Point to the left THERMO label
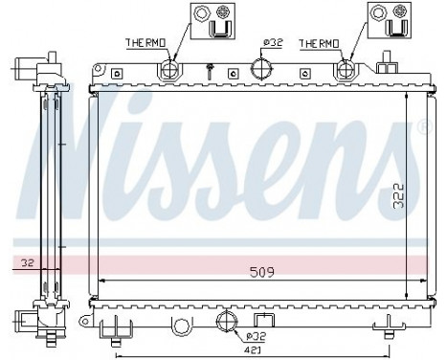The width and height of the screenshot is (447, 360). pos(146,43)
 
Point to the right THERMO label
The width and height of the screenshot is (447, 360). pos(320,43)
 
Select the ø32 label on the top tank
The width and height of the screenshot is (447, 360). pos(272,43)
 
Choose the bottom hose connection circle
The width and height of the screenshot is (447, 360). pos(228,321)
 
